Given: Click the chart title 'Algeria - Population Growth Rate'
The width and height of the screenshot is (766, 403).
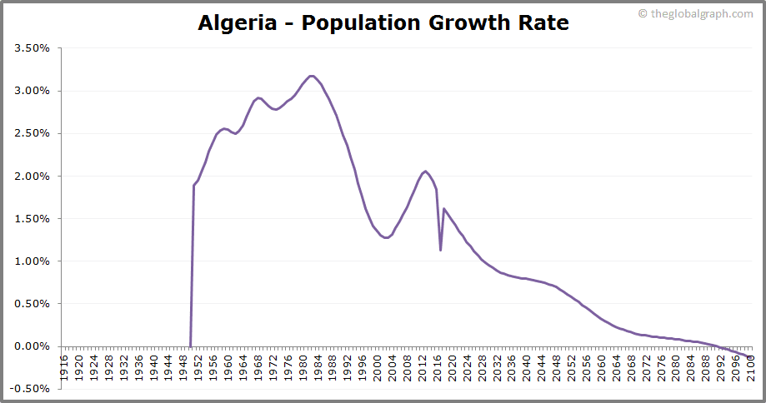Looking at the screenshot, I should [383, 22].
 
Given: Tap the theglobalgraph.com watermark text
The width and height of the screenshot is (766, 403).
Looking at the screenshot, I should [699, 13].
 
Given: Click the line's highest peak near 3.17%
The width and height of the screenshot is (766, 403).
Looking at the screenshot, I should [312, 76].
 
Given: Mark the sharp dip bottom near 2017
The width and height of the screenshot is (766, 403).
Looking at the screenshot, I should [440, 249].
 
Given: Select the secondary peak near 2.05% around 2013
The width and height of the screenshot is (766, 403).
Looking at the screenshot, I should [426, 172].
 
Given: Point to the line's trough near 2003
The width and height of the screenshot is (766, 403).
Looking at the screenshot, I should [387, 238].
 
